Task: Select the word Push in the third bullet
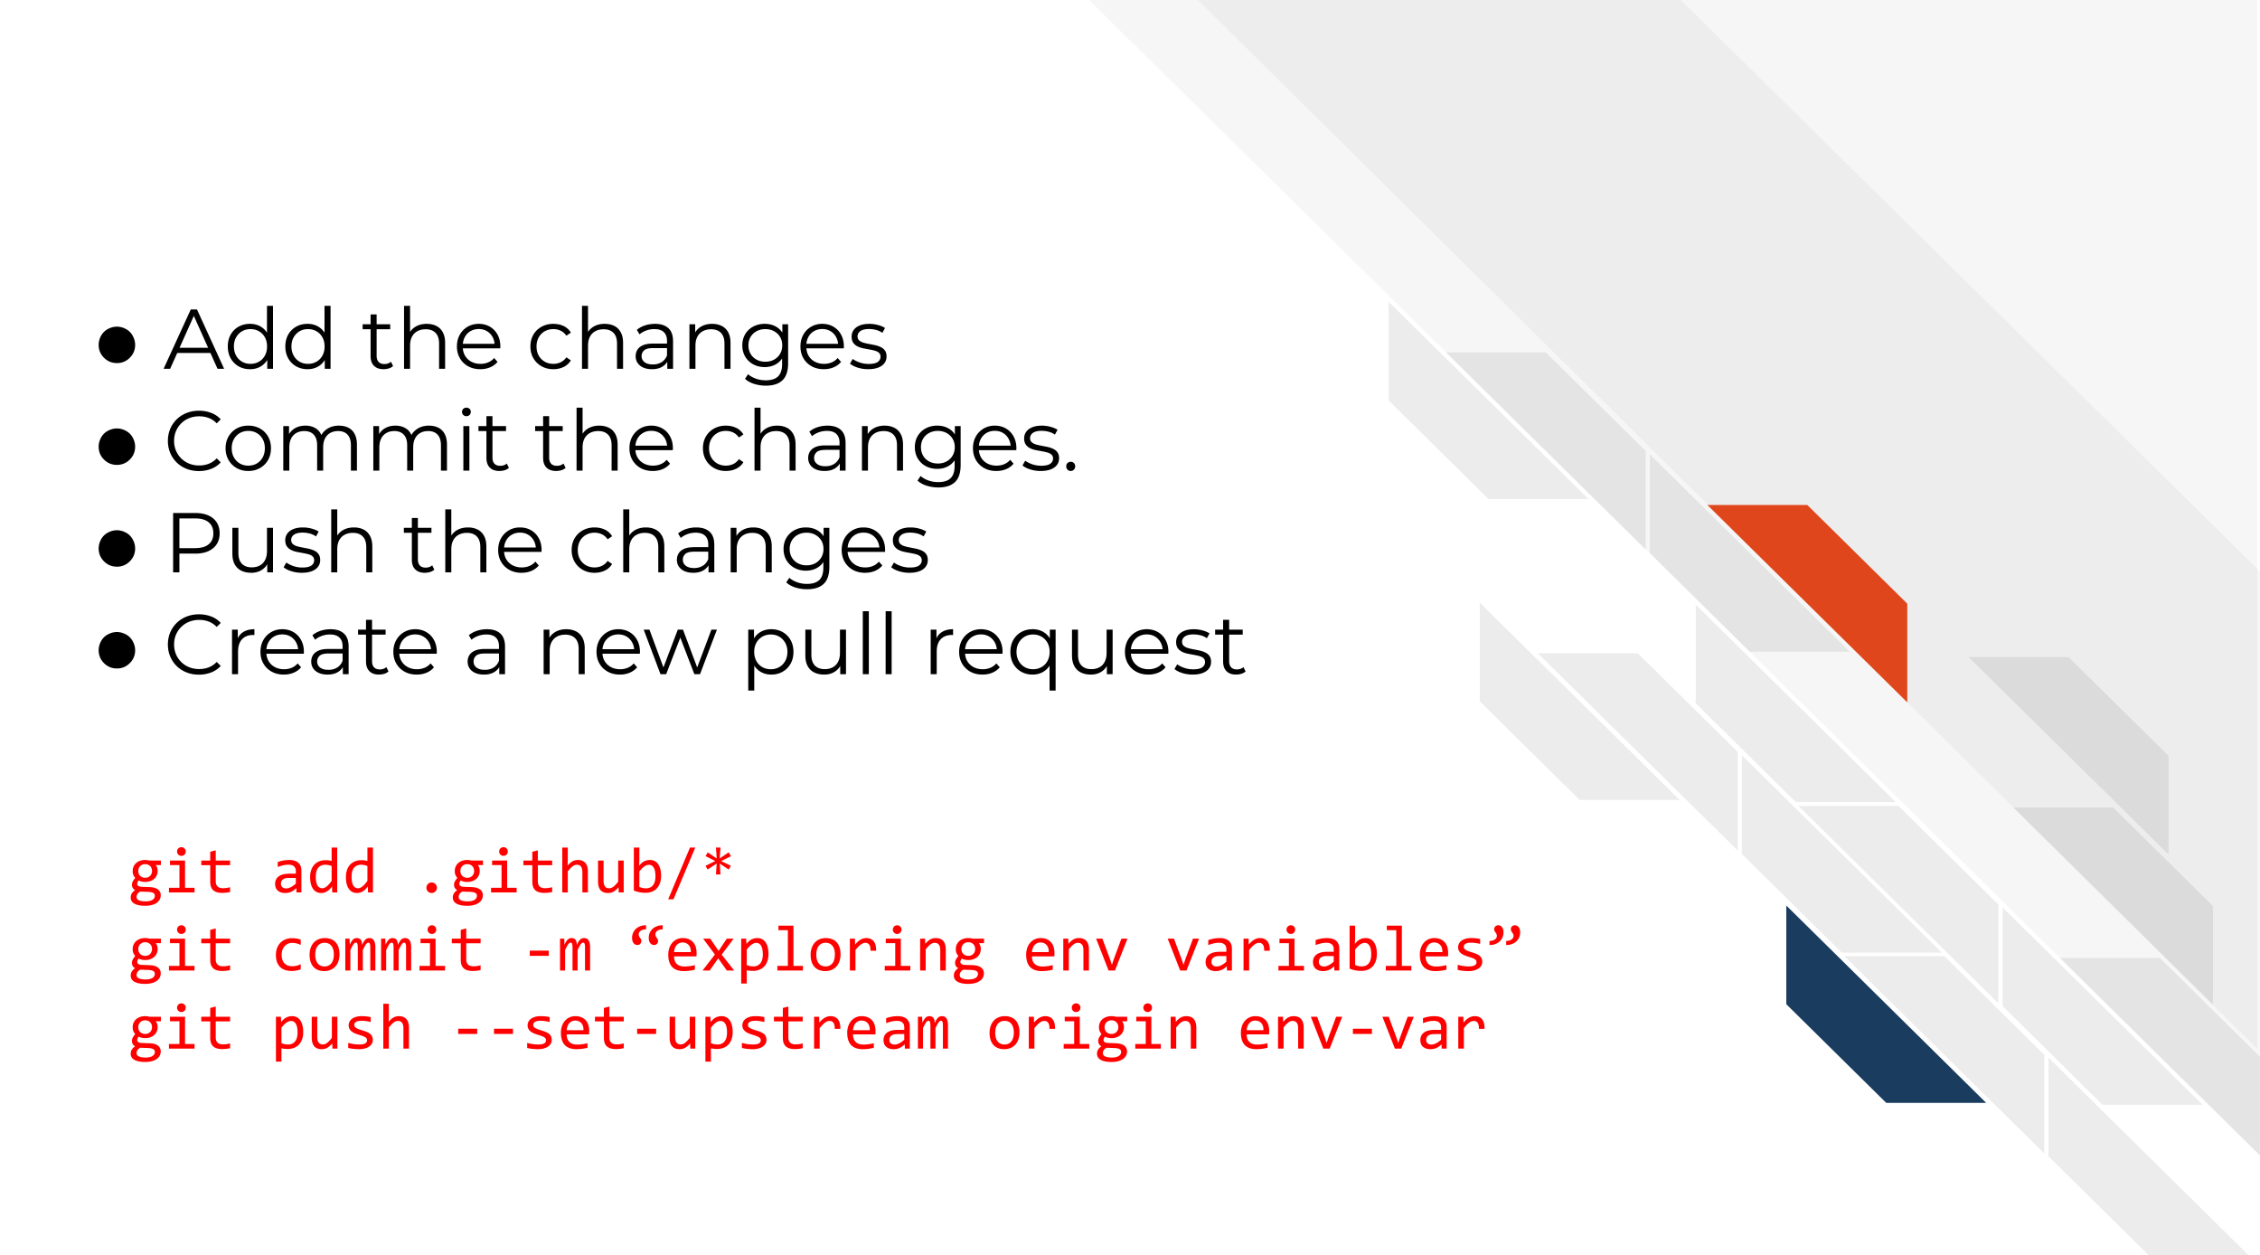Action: (x=272, y=543)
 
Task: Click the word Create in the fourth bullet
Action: (x=302, y=646)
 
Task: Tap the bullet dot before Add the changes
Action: (x=117, y=344)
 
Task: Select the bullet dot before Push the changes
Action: (x=117, y=548)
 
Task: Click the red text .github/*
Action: (x=576, y=874)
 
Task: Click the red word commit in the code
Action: (x=378, y=952)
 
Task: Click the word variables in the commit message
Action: (x=1325, y=952)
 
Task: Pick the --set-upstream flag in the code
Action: (x=702, y=1031)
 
